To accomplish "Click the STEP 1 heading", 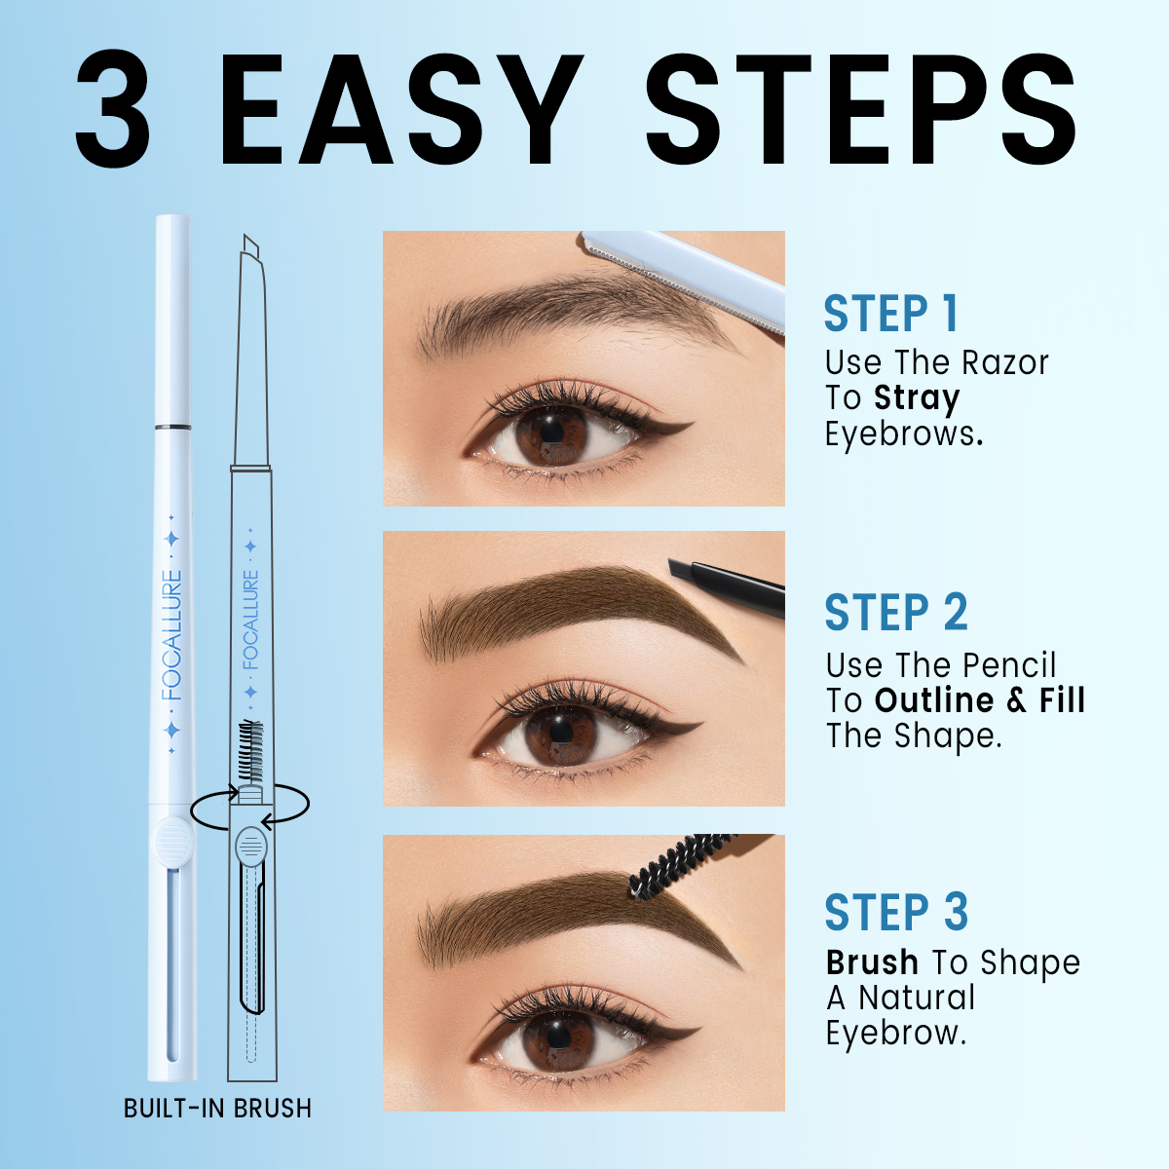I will coord(891,315).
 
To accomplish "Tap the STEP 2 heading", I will coord(895,613).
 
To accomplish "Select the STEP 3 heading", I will coord(896,913).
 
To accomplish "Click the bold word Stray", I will coord(916,398).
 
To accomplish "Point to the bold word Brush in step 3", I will coord(872,962).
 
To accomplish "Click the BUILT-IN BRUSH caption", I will coord(217,1109).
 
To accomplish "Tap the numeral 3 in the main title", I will coord(113,109).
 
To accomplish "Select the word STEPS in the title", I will coord(861,109).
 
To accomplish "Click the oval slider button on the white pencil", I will coord(172,839).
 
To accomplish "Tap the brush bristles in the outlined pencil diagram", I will coord(250,750).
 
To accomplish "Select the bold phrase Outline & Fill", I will coord(979,700).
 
